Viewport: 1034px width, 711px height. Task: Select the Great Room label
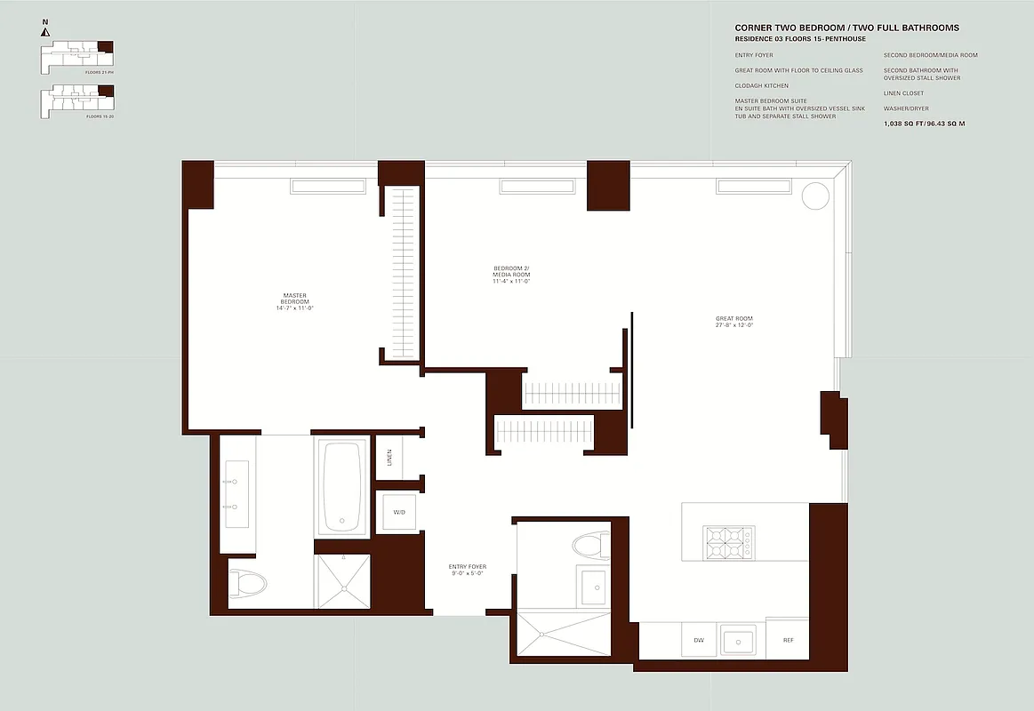[734, 322]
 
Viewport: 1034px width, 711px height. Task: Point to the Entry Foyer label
[468, 570]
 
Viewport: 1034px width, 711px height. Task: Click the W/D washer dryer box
[398, 513]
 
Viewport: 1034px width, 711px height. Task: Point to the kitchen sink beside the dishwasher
[738, 640]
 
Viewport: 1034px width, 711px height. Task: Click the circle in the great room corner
[815, 196]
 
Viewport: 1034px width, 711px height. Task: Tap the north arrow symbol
[44, 32]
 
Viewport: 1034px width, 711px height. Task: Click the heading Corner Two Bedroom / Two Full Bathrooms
[846, 28]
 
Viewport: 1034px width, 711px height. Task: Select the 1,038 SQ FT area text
[924, 124]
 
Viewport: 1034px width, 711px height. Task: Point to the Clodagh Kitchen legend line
[761, 85]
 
